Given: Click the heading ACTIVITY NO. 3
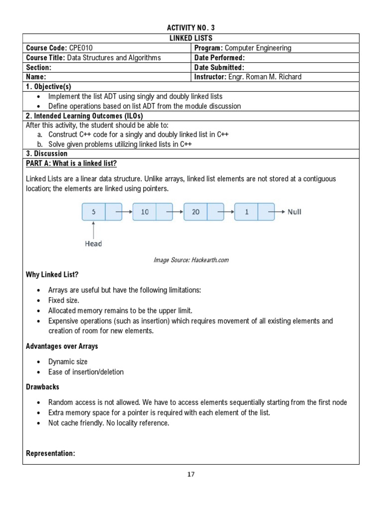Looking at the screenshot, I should [191, 28].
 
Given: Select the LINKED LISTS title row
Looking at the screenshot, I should [191, 38].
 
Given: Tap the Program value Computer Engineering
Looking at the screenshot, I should [258, 48].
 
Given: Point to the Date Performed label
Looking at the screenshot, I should [220, 58].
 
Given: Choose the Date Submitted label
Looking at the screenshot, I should [220, 67].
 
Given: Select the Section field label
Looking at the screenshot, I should [39, 67].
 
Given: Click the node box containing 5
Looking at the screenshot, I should [94, 212].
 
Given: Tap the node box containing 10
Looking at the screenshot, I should [144, 212].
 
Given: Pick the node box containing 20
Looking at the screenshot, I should [195, 212].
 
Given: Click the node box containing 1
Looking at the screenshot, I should [246, 212].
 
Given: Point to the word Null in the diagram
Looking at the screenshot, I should [294, 212].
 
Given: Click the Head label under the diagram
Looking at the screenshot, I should [93, 244].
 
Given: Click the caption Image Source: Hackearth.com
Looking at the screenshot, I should [191, 260].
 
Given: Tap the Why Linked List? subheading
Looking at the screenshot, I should [52, 275].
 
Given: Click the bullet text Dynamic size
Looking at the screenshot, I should [68, 362].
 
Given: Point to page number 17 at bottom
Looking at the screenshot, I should [191, 474].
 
